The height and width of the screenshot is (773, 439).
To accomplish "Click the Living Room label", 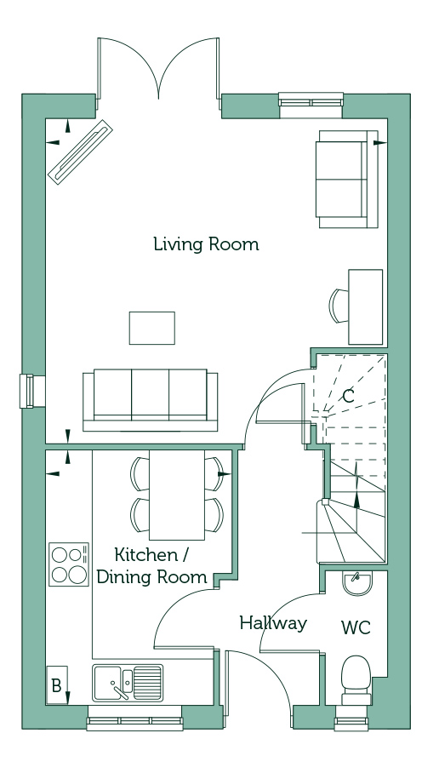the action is click(x=206, y=244).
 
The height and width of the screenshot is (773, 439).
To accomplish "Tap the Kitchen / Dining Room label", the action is click(x=151, y=565).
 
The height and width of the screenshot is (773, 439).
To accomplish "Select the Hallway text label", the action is click(x=273, y=623).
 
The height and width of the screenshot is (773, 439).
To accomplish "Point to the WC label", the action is click(x=356, y=627).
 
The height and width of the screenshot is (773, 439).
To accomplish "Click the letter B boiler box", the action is click(x=57, y=685).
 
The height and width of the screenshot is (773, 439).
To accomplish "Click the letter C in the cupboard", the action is click(x=348, y=396).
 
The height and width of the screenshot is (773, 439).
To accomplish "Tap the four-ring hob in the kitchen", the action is click(x=69, y=564).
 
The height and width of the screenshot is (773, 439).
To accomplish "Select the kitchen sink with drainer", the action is click(x=128, y=683).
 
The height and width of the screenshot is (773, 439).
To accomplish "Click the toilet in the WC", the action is click(x=356, y=680).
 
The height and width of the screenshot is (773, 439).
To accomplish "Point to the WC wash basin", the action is click(x=357, y=583).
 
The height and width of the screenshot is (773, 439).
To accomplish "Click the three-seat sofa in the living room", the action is click(x=151, y=400).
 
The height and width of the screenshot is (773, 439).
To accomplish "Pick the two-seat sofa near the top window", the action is click(x=348, y=179).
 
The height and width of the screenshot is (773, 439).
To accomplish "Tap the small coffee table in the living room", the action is click(x=152, y=328).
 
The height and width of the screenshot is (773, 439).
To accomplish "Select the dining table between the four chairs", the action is click(x=177, y=495).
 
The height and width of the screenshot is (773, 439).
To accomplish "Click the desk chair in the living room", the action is click(x=339, y=306).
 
